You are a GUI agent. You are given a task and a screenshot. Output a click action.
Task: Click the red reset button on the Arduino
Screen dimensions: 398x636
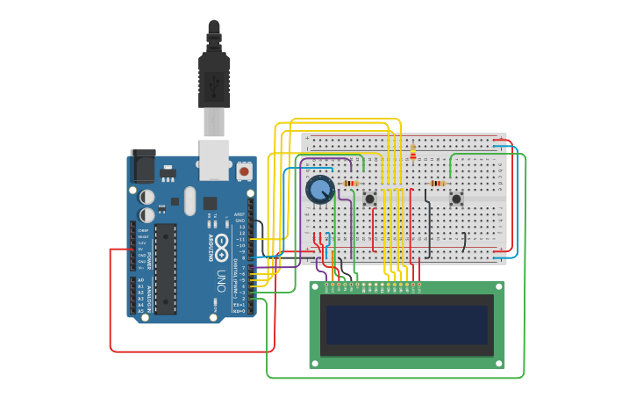tap(244, 171)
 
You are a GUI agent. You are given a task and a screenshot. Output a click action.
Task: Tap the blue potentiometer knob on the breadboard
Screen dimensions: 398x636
tap(319, 189)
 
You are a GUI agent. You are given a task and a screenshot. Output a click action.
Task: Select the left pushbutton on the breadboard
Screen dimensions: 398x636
tap(370, 199)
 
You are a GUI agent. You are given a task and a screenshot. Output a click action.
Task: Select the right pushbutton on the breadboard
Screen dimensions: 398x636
tap(456, 199)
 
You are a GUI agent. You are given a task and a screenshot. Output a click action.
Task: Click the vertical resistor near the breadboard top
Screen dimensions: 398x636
tap(413, 155)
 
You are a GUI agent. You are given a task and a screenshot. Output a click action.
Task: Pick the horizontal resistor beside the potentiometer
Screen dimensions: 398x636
tap(351, 184)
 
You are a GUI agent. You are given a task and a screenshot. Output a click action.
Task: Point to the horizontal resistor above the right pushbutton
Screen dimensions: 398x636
tap(437, 184)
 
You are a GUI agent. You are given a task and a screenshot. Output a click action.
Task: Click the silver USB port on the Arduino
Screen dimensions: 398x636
tap(214, 159)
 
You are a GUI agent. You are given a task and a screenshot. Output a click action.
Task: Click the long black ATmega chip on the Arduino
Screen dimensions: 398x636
tap(166, 268)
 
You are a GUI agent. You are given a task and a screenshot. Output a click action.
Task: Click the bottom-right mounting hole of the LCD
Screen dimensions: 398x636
tap(498, 361)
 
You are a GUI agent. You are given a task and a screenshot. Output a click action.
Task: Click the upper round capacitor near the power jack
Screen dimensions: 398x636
tap(147, 197)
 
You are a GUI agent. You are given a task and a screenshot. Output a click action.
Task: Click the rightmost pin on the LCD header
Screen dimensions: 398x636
tap(418, 285)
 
